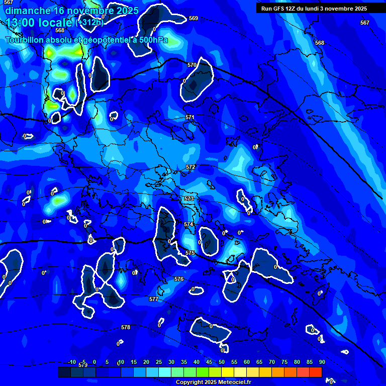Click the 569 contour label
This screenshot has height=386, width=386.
pos(194,18)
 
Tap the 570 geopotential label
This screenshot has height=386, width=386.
pos(191,65)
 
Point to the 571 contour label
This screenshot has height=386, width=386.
pos(189,117)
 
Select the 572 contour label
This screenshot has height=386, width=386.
pos(190,167)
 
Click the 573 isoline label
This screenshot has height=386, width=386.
pos(188,199)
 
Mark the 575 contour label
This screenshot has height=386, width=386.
pos(189,253)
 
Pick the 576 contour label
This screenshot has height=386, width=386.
pos(179,279)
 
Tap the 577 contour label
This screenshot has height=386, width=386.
pos(154,299)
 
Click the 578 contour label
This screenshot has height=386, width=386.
pos(126,327)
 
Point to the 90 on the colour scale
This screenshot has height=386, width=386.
pos(322,362)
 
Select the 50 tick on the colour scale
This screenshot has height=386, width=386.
pos(222,362)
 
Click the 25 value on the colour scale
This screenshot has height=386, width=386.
pos(159,362)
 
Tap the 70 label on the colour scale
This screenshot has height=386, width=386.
pos(272,362)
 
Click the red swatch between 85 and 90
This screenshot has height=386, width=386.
pos(316,372)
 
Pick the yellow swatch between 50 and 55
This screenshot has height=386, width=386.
pos(228,372)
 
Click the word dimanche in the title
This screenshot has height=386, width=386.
pos(28,11)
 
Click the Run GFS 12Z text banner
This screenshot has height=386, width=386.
pos(314,9)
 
